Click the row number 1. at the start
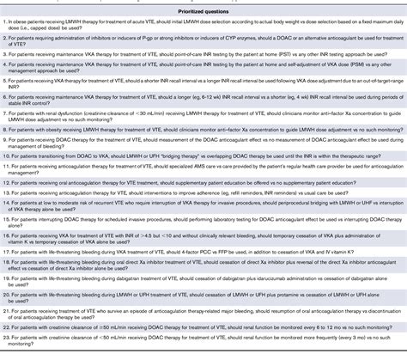point(5,20)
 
